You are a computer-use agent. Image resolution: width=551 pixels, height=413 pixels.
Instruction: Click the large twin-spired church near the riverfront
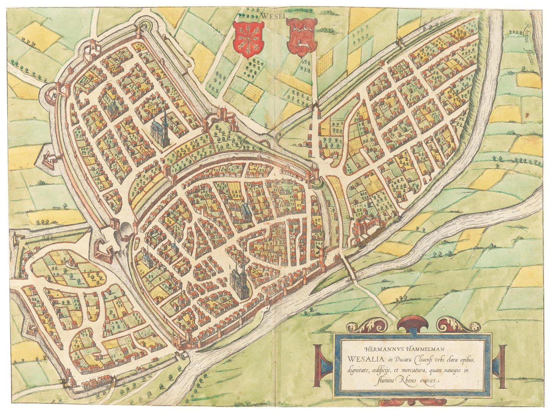click(x=239, y=281)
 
